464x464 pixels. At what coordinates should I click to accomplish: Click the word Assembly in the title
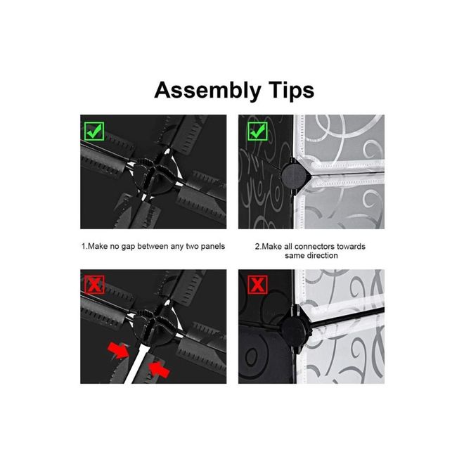pyautogui.click(x=207, y=91)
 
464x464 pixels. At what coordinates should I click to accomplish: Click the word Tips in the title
pyautogui.click(x=291, y=91)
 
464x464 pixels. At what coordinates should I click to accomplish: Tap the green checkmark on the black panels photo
pyautogui.click(x=94, y=131)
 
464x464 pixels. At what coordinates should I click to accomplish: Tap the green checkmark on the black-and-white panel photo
pyautogui.click(x=257, y=131)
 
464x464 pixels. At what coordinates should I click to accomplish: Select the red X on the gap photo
pyautogui.click(x=94, y=285)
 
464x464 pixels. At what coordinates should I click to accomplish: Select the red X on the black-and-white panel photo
pyautogui.click(x=257, y=285)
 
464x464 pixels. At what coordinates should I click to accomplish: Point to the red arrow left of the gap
pyautogui.click(x=118, y=350)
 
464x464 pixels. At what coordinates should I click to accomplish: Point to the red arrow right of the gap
pyautogui.click(x=159, y=368)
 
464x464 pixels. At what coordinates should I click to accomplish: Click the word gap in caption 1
pyautogui.click(x=128, y=247)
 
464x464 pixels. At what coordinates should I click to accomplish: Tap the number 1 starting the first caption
pyautogui.click(x=84, y=246)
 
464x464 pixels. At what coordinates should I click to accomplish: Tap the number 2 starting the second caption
pyautogui.click(x=257, y=246)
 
